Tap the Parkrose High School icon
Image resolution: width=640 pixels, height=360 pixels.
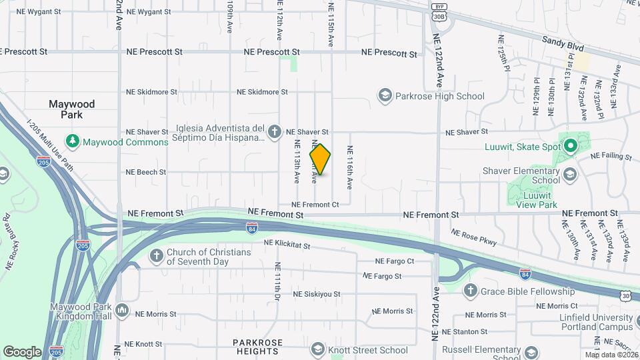point(385,96)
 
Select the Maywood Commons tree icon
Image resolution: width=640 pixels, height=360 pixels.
point(72,141)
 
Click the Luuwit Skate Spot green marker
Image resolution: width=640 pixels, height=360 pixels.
point(570,145)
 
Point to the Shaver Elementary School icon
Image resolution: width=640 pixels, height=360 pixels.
point(570,175)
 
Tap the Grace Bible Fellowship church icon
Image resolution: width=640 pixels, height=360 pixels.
point(471,291)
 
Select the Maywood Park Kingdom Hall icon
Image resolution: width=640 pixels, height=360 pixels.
point(122,310)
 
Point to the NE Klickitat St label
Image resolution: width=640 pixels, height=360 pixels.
point(287,245)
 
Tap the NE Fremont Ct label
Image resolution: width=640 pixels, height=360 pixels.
point(315,204)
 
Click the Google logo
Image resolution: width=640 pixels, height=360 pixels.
point(22,351)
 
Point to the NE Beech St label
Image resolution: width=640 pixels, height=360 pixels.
point(146,172)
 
